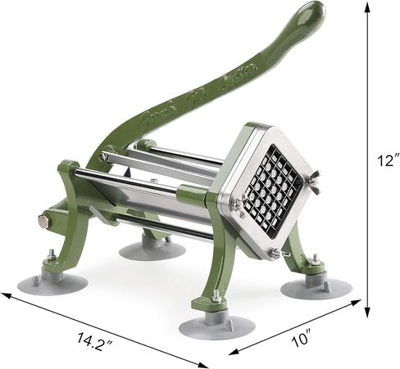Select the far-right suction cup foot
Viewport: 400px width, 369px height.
[319, 288]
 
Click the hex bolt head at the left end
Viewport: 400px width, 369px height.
[43, 219]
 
